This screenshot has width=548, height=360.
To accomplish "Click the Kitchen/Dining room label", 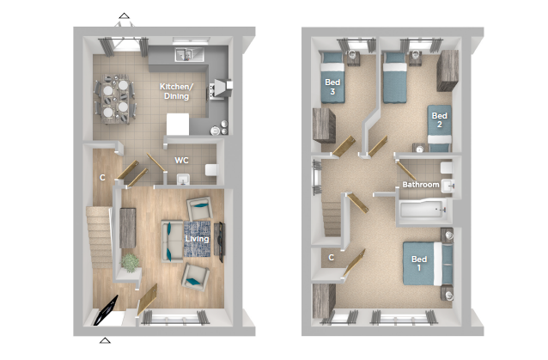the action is coord(176,91).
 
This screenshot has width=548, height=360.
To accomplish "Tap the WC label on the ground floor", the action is coord(182,161).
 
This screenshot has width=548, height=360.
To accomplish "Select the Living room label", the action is coord(197,239).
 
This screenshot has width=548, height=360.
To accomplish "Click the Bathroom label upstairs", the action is coord(421,185).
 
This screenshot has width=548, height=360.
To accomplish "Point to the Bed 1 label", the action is coord(419,263).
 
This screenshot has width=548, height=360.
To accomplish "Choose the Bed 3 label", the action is coord(332,87).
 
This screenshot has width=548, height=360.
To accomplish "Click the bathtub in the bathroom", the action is coord(423,210).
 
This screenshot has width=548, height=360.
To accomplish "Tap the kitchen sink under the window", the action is coord(184,55).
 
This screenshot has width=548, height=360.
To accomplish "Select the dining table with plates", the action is coord(115,99).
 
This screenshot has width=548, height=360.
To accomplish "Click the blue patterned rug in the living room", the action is coord(197,239).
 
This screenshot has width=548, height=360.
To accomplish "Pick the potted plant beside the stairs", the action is coord(130,263).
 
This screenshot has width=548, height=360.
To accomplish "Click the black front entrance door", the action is coord(107,310).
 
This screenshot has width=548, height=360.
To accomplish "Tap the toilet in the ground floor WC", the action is coord(211,170).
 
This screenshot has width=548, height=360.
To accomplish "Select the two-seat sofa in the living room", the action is coord(172,241).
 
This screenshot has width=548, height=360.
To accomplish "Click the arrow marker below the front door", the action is coord(105,340).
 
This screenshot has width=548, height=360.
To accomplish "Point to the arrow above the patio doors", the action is coord(124,15).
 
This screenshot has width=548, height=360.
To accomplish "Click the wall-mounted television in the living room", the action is coord(221,242).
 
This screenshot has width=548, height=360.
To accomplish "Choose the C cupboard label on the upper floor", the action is coord(331,258).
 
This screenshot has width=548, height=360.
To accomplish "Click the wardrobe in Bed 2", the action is coord(448,70).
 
